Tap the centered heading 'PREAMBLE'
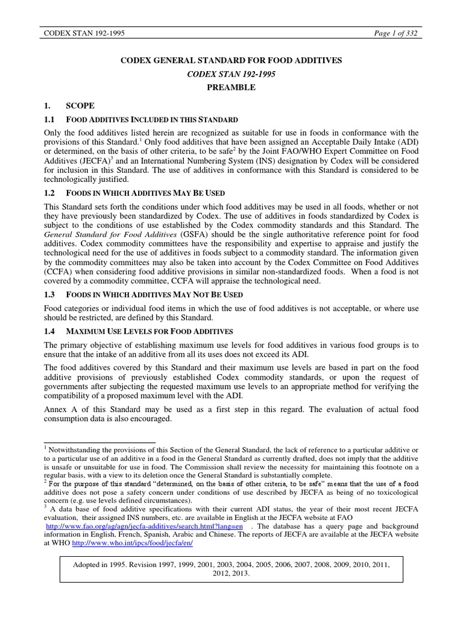[231, 87]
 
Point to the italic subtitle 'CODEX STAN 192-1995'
[231, 74]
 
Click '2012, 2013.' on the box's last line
[231, 574]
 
